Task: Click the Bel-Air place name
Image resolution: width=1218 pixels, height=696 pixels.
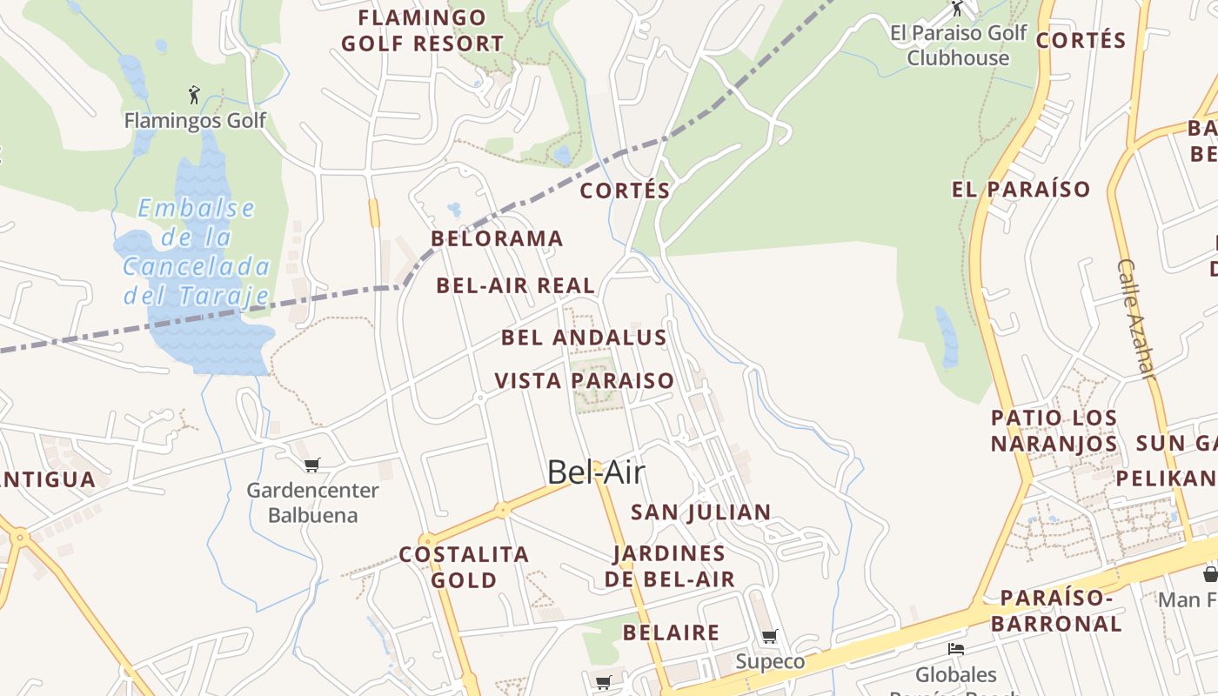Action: [x=596, y=472]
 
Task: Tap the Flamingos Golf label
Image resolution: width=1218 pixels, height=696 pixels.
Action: [x=195, y=120]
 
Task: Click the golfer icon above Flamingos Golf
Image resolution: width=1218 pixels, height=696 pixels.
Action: [x=194, y=93]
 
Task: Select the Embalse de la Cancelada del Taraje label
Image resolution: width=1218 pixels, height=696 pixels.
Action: [x=197, y=251]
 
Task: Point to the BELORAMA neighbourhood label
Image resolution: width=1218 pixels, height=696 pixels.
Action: [x=497, y=238]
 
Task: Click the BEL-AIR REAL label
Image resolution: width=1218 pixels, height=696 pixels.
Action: [x=515, y=285]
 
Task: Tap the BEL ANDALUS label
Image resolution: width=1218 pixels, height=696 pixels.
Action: [x=584, y=338]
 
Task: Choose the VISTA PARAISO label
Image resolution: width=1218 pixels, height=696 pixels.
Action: [x=584, y=380]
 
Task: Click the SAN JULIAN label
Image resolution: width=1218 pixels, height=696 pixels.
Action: [x=700, y=512]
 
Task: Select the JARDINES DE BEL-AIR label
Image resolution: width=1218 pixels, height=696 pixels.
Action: [x=669, y=565]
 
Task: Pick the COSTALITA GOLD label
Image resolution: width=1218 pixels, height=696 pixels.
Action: [x=464, y=566]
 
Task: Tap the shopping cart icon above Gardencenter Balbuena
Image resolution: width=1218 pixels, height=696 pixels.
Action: [x=312, y=465]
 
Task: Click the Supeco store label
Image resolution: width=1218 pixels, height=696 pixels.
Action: [x=770, y=661]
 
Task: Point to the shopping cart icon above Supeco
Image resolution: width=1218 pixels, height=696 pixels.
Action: [x=769, y=637]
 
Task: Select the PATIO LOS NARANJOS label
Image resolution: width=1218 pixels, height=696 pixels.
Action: [x=1054, y=431]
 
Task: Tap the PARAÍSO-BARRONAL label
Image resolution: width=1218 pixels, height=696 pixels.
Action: [x=1056, y=611]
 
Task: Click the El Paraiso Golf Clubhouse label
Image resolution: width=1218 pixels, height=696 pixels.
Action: [x=958, y=45]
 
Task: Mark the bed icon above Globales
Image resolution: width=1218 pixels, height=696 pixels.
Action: [x=955, y=649]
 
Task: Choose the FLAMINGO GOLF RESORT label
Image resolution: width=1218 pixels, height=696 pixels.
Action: [x=422, y=30]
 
